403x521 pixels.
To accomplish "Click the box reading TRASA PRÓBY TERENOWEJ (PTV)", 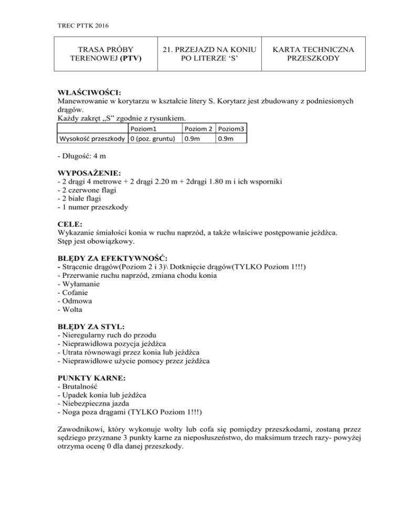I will [100, 53].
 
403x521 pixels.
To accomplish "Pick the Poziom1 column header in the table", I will [149, 128].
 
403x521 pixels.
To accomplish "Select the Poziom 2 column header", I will [198, 128].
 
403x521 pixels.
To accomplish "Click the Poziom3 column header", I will [231, 128].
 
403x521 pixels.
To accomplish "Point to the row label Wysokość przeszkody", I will [90, 138].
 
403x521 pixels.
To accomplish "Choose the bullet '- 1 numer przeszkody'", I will [90, 208].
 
